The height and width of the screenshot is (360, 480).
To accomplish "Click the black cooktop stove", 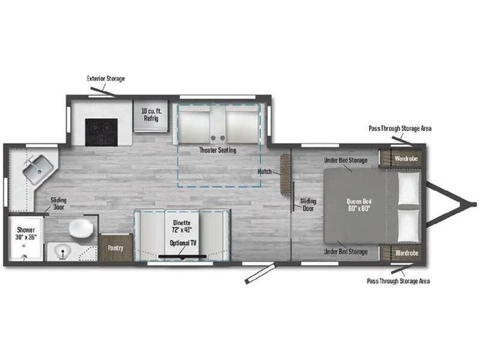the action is click(101, 132).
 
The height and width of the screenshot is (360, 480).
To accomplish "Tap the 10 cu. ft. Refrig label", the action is click(151, 115).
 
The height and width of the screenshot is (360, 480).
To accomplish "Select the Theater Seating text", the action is click(218, 150).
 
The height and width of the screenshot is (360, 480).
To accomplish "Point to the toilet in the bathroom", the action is click(81, 228).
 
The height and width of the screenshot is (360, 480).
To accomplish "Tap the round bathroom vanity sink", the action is click(63, 251).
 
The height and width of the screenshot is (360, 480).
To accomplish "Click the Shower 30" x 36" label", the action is click(26, 233).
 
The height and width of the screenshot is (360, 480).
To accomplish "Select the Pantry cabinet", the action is click(116, 248).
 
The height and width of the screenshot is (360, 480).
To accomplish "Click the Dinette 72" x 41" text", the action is click(182, 226).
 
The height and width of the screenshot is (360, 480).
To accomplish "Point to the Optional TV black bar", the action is click(182, 256).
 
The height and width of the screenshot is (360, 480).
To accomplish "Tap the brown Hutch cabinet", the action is click(286, 174).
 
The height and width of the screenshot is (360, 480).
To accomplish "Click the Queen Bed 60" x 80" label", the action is click(359, 205).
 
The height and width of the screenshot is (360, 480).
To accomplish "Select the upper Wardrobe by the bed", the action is click(401, 158).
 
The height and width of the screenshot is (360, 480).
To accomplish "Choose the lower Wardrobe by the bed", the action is click(401, 253).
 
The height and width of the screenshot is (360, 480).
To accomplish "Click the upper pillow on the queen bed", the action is click(409, 188).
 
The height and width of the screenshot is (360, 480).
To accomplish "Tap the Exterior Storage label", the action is click(106, 79).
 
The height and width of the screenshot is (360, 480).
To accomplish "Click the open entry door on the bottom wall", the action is click(260, 274).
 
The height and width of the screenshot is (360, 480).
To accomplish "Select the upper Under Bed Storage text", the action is click(346, 160).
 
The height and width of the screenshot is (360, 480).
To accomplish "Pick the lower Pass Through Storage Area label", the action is click(398, 281).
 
